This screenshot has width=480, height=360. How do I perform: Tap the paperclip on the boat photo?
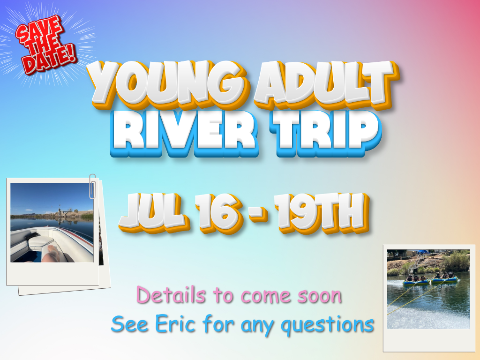92,186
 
